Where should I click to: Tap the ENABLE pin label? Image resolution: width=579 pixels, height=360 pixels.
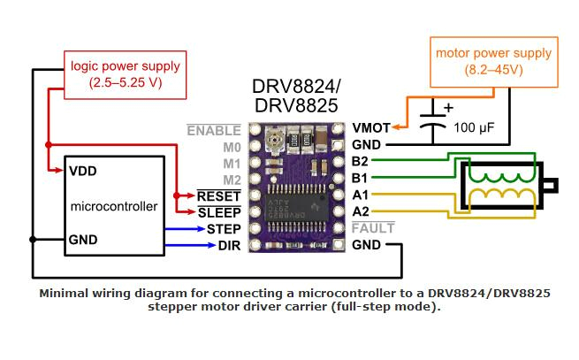click(x=214, y=131)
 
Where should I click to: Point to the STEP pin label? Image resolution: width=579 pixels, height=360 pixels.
click(x=224, y=229)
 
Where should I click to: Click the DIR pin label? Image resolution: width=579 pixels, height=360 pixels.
click(x=229, y=245)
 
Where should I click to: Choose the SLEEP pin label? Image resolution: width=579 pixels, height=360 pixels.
click(x=219, y=212)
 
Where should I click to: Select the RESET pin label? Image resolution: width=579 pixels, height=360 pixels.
click(x=219, y=195)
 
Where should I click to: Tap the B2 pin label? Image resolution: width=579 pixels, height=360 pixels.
click(x=360, y=161)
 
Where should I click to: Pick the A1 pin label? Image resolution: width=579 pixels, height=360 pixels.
click(x=360, y=195)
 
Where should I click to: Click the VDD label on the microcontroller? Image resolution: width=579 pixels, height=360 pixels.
click(x=82, y=171)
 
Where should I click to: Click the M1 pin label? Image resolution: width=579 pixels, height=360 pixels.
click(x=231, y=164)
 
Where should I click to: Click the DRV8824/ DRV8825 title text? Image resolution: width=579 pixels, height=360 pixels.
click(x=296, y=96)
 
